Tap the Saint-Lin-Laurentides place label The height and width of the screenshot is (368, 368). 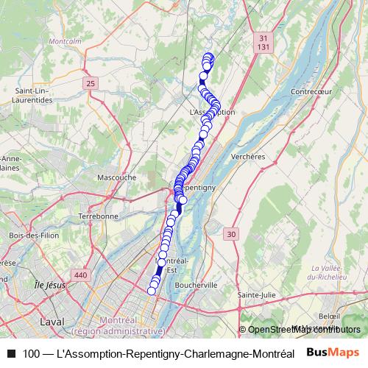pyautogui.click(x=32, y=94)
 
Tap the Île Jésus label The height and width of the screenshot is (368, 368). pyautogui.click(x=51, y=284)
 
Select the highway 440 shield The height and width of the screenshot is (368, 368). pyautogui.click(x=80, y=275)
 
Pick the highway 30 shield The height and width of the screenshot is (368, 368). pyautogui.click(x=232, y=234)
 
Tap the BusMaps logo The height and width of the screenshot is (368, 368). pyautogui.click(x=332, y=353)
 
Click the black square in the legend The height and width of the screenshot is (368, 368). pyautogui.click(x=11, y=353)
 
